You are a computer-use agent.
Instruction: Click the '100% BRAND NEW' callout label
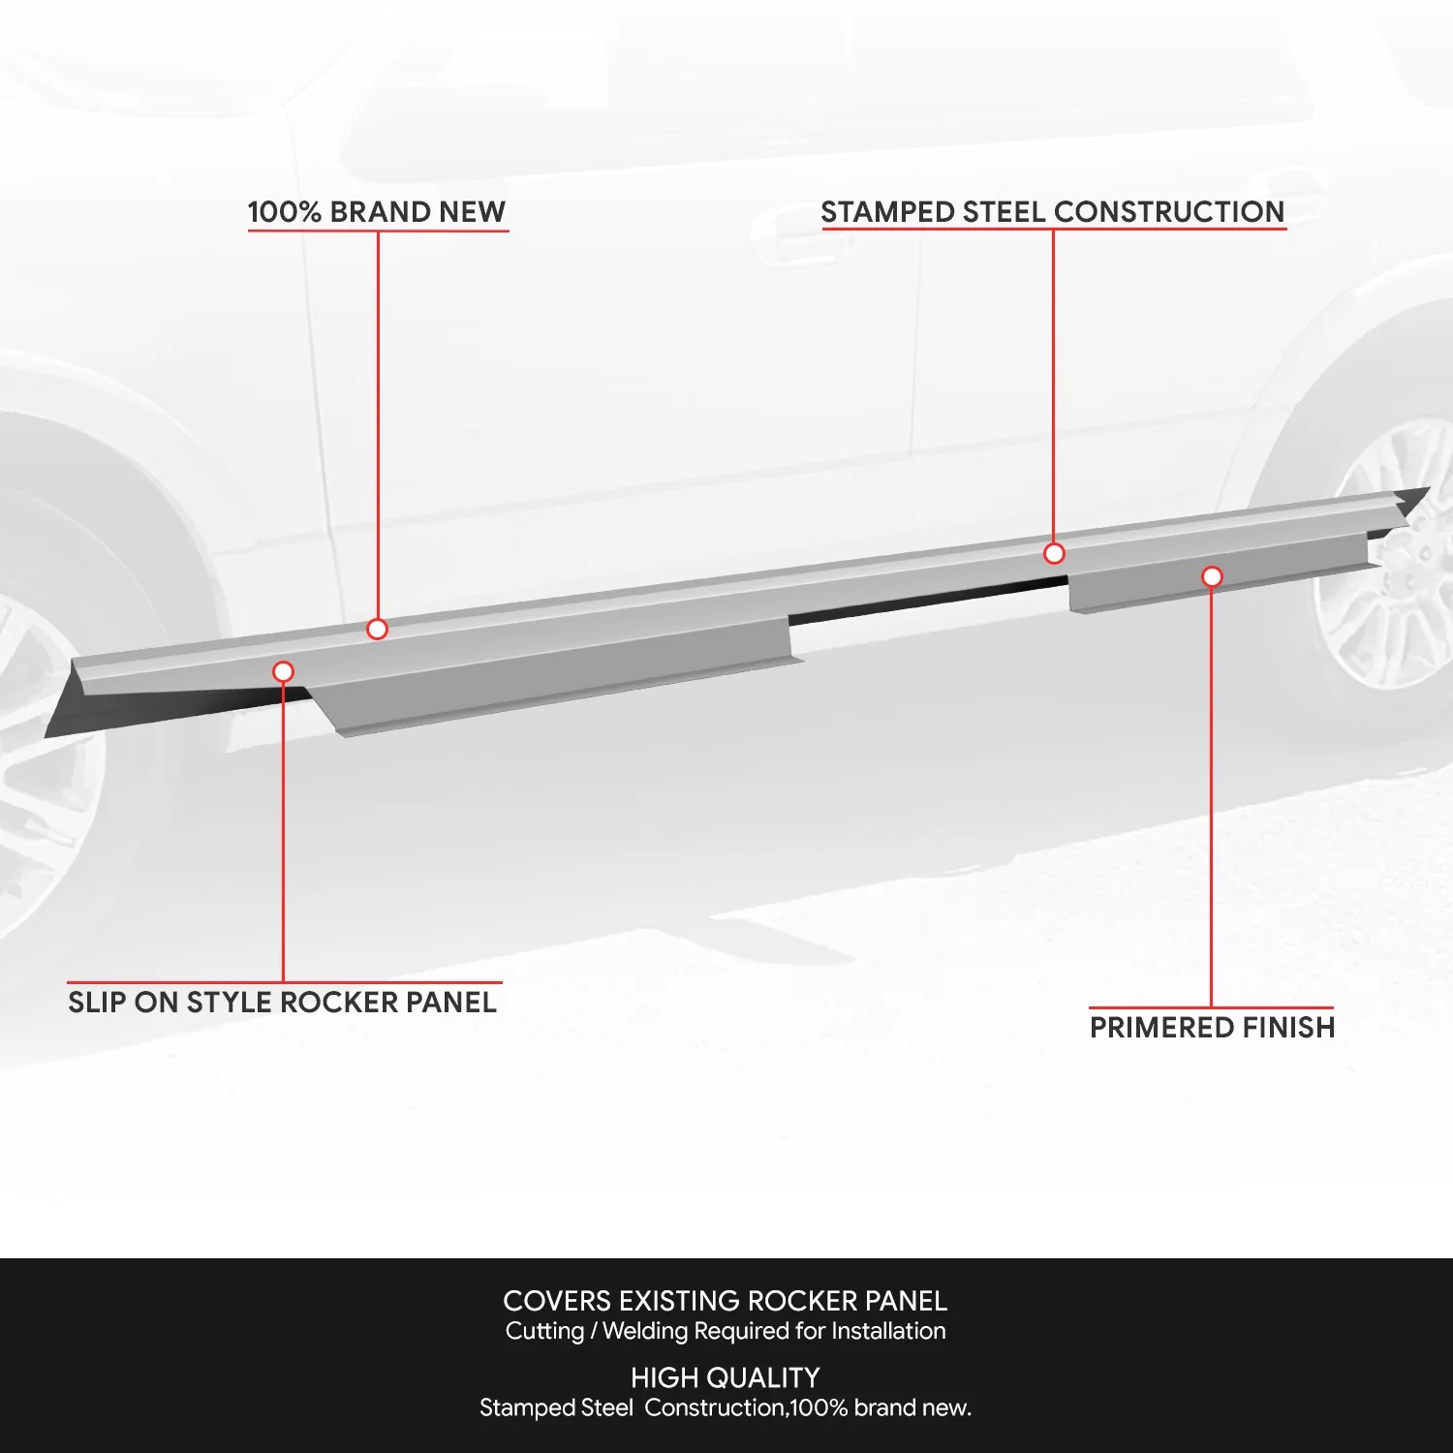(377, 211)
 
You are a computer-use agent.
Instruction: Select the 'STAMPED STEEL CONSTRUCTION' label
(1053, 211)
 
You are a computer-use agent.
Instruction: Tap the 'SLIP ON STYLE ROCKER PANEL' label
(283, 1002)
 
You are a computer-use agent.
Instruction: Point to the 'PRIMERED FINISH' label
(1212, 1027)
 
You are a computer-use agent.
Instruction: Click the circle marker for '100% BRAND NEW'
(378, 629)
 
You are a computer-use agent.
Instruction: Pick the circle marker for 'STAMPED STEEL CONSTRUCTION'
(1054, 553)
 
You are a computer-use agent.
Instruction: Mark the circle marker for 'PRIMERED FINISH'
(1212, 576)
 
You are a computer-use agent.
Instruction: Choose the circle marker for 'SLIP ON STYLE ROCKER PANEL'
(283, 671)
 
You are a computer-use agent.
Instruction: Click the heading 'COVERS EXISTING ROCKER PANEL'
(726, 1301)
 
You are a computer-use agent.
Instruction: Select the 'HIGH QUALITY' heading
(726, 1377)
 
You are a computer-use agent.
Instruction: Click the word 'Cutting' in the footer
(544, 1331)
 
